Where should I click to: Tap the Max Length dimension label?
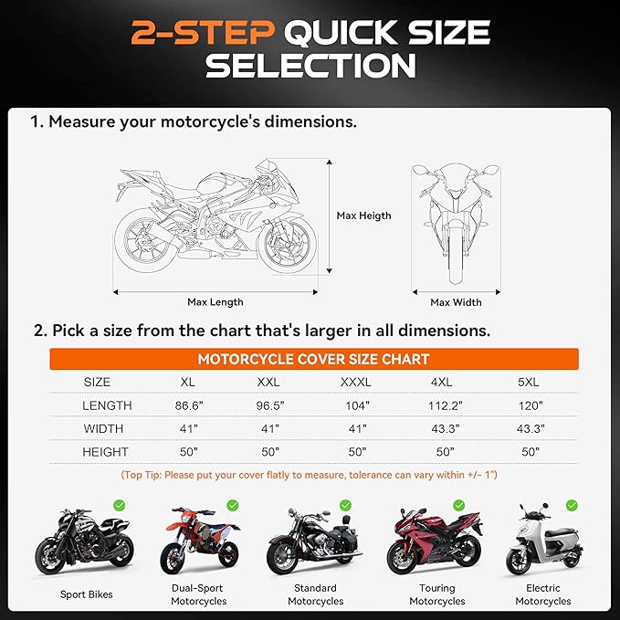[x=215, y=301]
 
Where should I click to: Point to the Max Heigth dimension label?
[x=363, y=215]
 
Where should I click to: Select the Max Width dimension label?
[x=456, y=302]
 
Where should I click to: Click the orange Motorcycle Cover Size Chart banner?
[x=313, y=359]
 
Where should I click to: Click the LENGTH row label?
[x=107, y=405]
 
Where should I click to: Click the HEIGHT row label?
[x=106, y=452]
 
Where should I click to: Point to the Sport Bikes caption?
[x=87, y=594]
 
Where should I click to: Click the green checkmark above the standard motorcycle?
[x=345, y=505]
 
